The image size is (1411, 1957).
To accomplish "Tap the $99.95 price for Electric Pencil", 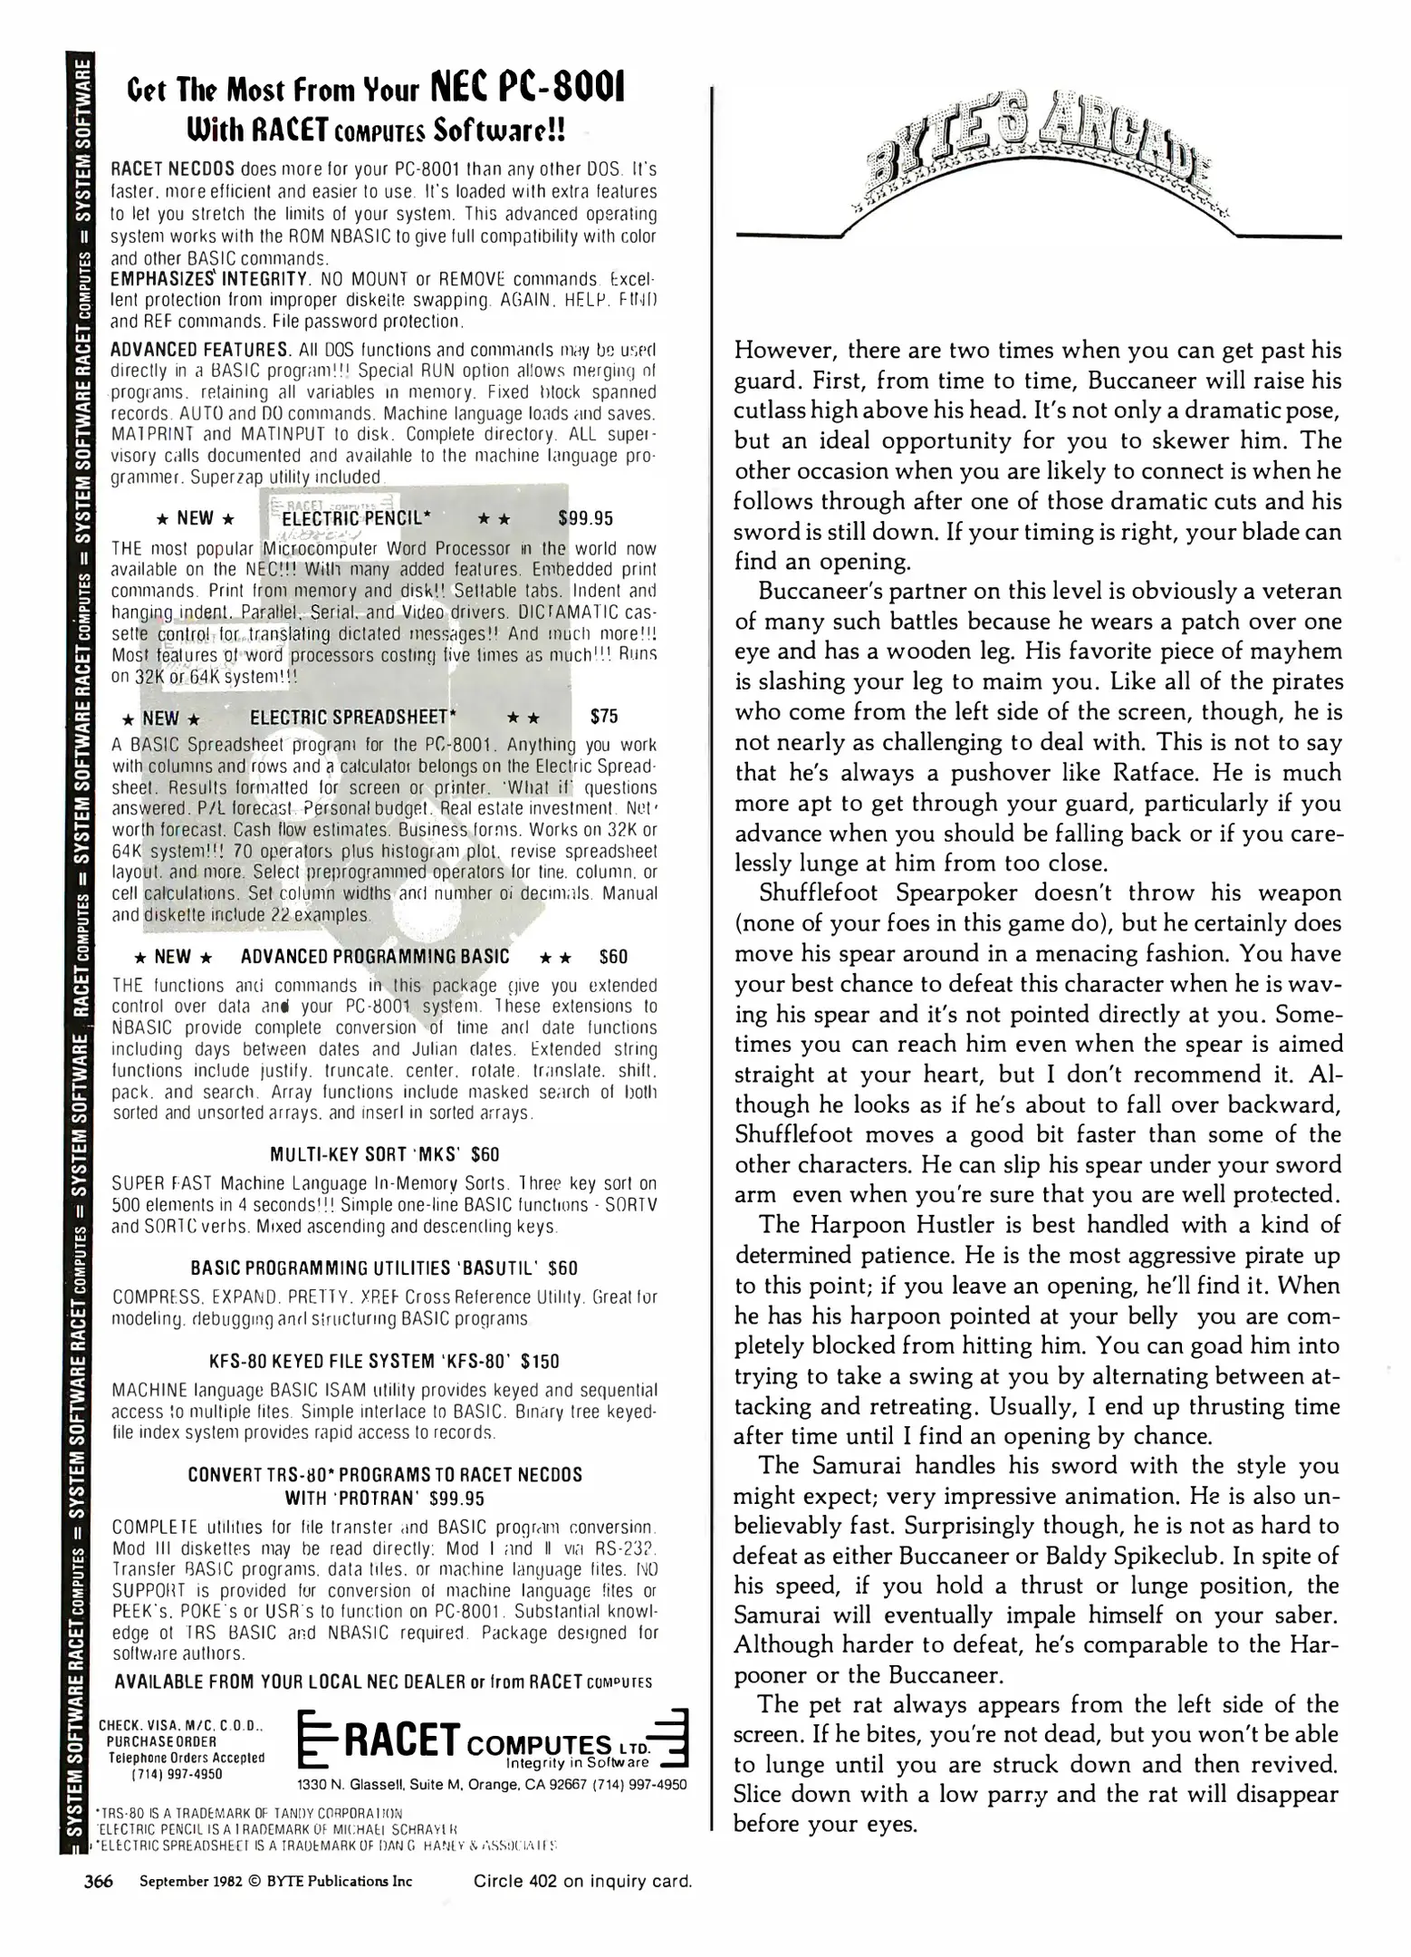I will point(585,518).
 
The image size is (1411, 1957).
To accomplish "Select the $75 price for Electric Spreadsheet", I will point(603,717).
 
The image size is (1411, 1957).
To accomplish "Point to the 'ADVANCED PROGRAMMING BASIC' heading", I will point(375,957).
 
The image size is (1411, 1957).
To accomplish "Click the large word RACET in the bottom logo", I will point(400,1740).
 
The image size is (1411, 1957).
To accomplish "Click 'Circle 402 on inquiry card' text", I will point(582,1882).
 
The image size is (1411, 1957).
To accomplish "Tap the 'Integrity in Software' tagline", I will point(578,1763).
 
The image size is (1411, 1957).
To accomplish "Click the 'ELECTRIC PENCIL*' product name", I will point(356,518).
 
